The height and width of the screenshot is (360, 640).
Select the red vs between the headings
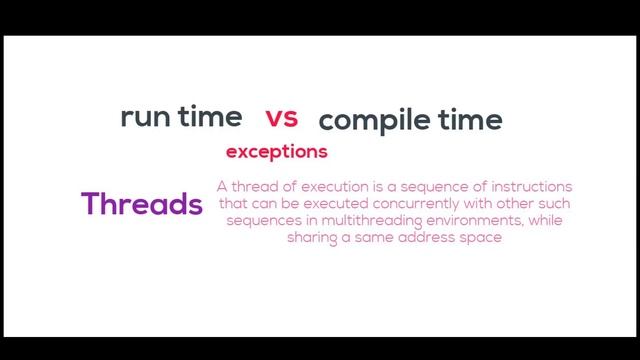pyautogui.click(x=282, y=118)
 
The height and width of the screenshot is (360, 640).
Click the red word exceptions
pyautogui.click(x=277, y=152)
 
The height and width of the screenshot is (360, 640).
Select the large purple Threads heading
pyautogui.click(x=142, y=204)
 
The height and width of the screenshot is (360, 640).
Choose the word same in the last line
pyautogui.click(x=373, y=238)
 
